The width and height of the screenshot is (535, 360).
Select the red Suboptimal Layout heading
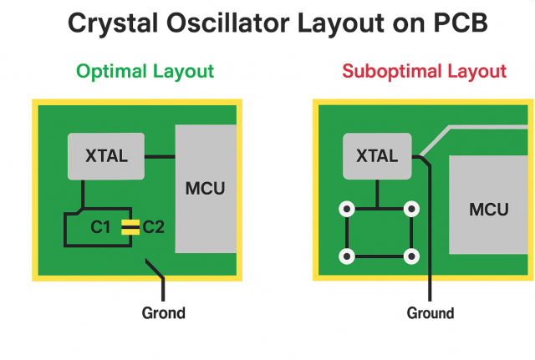pyautogui.click(x=423, y=72)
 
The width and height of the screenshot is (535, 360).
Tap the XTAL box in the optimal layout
pyautogui.click(x=106, y=155)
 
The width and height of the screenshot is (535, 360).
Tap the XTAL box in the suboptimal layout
pyautogui.click(x=378, y=155)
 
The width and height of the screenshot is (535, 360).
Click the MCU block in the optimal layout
pyautogui.click(x=205, y=188)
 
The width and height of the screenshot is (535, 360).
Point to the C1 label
pyautogui.click(x=101, y=226)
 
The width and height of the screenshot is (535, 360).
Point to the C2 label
pyautogui.click(x=155, y=226)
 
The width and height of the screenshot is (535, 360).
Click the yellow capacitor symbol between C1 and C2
pyautogui.click(x=129, y=226)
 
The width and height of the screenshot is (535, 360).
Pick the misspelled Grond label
pyautogui.click(x=163, y=314)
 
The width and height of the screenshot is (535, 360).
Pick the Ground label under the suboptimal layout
pyautogui.click(x=431, y=314)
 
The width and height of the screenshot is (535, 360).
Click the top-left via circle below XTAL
pyautogui.click(x=344, y=209)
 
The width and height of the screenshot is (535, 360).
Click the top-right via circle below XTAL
pyautogui.click(x=410, y=209)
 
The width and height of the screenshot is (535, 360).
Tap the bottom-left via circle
pyautogui.click(x=344, y=255)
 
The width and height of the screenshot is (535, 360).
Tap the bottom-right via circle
pyautogui.click(x=410, y=255)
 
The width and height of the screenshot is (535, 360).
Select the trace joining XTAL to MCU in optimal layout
pyautogui.click(x=159, y=155)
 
